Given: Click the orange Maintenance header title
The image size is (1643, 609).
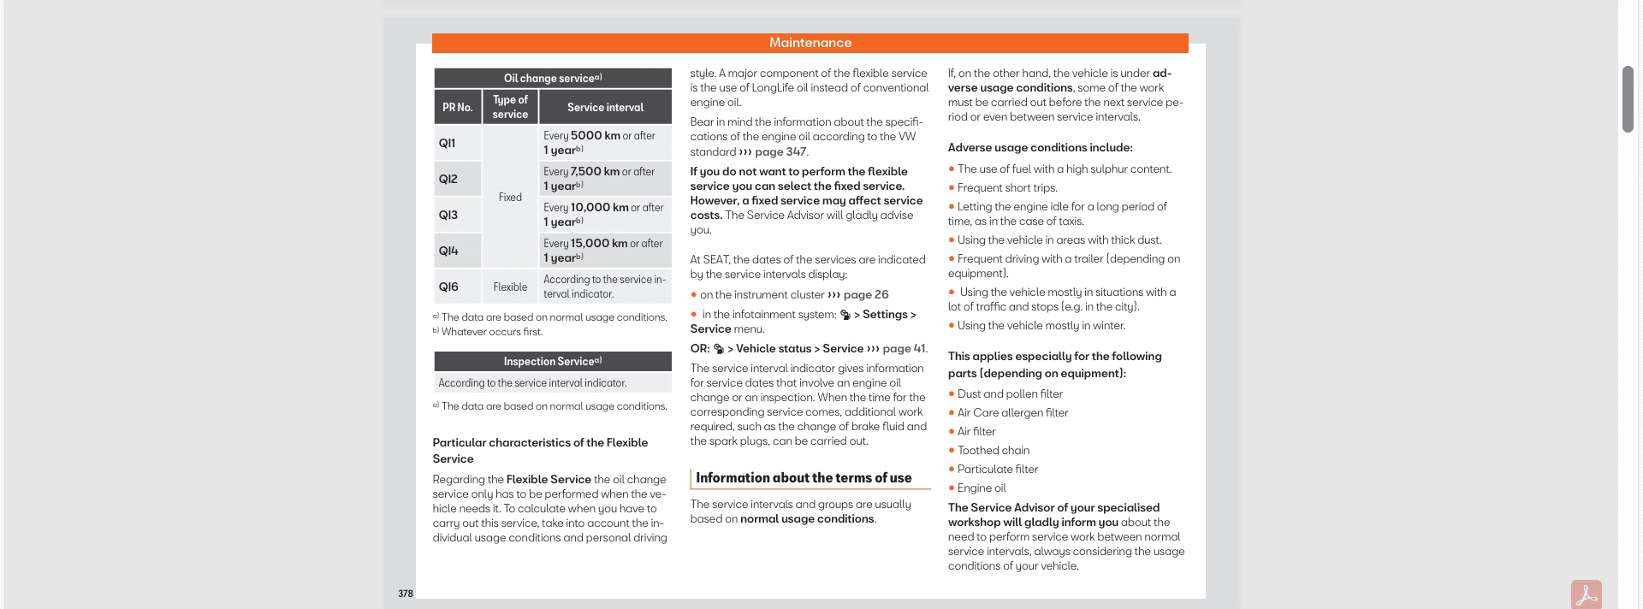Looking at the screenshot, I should [810, 43].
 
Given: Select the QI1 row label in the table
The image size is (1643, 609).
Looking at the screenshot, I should [448, 144].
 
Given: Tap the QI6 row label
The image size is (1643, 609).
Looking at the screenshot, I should [448, 287].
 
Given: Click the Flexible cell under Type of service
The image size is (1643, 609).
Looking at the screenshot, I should [510, 287].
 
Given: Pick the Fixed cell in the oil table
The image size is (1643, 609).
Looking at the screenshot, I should [510, 198].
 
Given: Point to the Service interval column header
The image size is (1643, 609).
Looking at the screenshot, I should [605, 108].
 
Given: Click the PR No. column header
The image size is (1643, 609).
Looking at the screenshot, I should [457, 108].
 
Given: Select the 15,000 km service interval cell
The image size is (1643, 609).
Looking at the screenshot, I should [603, 251].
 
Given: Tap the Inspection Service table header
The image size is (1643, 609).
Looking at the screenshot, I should [552, 362].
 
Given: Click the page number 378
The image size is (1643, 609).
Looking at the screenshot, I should [406, 594].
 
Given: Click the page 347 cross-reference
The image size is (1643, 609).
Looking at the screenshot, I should [780, 152].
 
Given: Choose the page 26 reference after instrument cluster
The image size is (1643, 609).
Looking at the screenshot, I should [865, 295].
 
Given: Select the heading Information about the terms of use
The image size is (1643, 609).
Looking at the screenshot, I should [804, 478].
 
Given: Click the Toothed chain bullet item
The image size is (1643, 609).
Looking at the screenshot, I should [993, 451].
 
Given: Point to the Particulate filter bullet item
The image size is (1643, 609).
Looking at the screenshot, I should [997, 470].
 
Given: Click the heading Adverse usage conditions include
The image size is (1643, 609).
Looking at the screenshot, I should [1040, 148].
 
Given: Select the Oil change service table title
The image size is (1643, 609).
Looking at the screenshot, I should [552, 79].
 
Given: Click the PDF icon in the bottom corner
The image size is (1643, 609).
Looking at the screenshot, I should [1586, 594].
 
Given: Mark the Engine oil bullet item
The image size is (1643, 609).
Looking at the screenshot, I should [982, 488].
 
